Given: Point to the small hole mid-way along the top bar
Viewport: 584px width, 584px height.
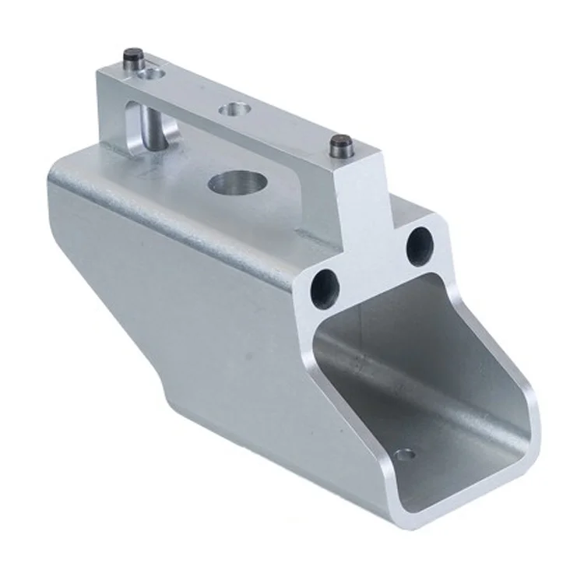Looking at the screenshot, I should (x=233, y=110).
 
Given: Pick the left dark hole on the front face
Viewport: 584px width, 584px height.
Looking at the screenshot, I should (x=325, y=287).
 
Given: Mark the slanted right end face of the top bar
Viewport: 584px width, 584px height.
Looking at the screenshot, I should (x=362, y=187).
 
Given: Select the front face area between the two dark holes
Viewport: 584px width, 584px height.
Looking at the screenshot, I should (x=372, y=261).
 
